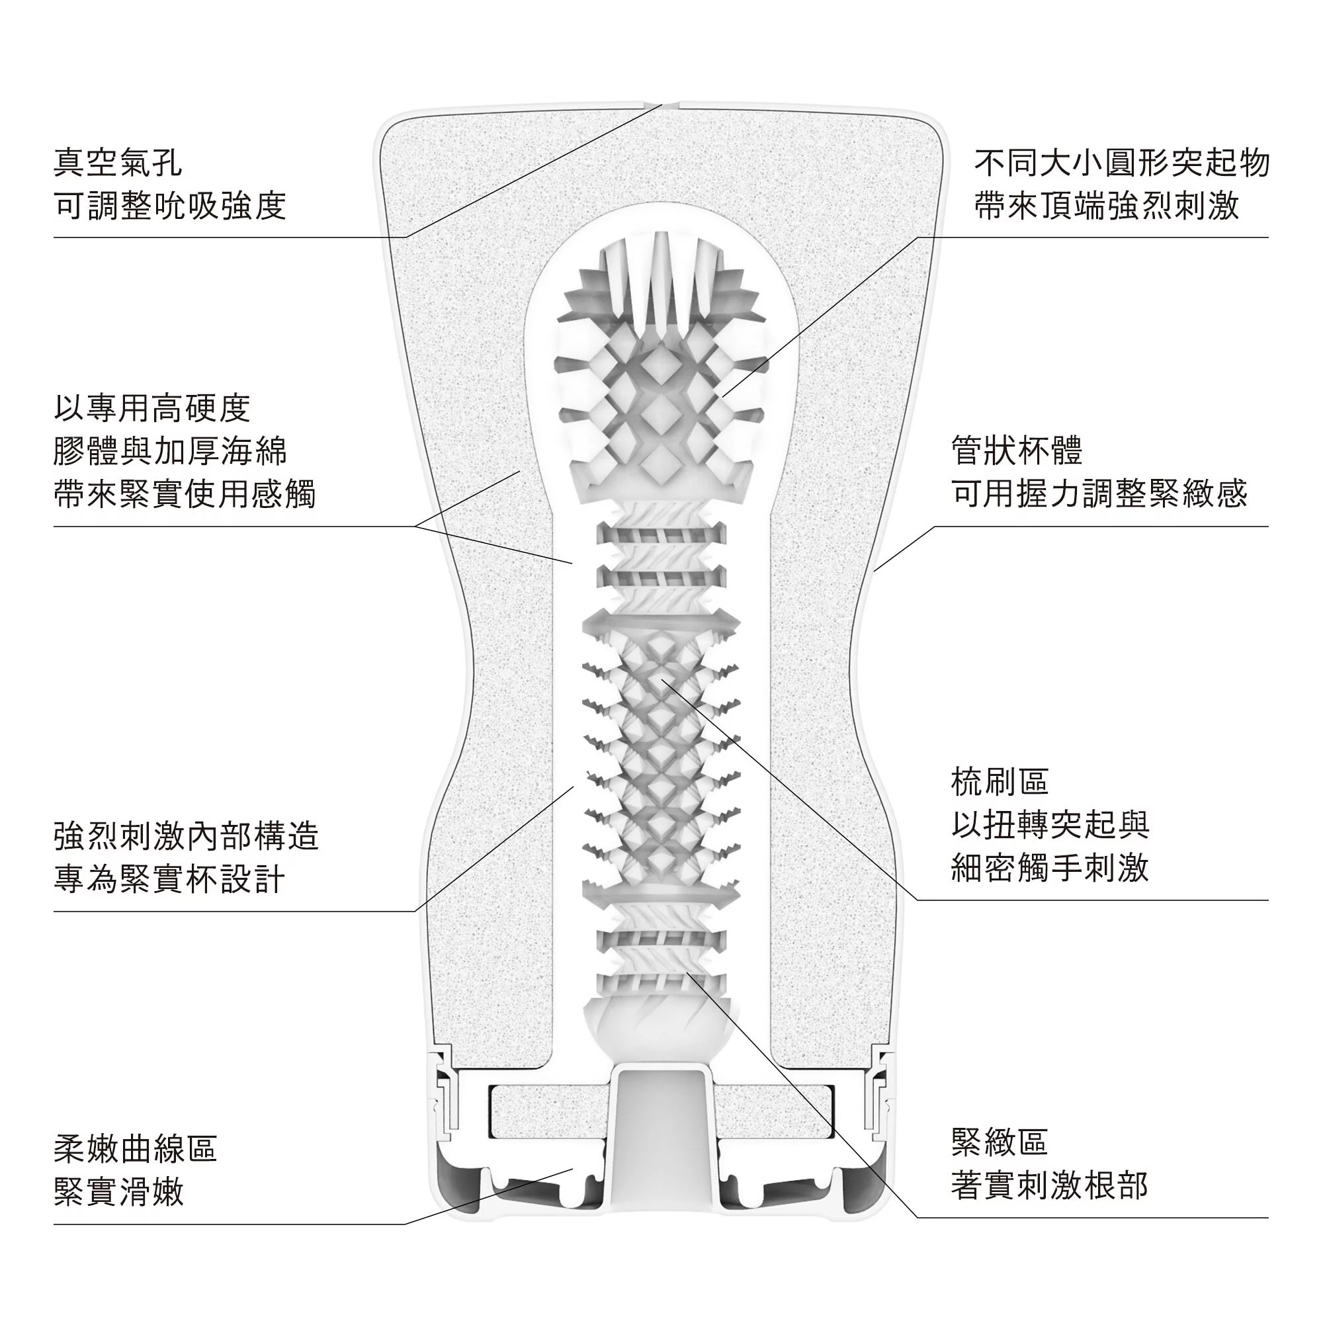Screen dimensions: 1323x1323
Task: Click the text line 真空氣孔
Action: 118,163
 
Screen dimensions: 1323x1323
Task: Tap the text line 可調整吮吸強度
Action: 170,206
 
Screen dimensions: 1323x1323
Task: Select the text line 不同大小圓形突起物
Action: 1122,163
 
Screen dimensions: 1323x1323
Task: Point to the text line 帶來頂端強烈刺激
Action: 1107,206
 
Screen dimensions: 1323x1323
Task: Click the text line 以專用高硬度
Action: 152,408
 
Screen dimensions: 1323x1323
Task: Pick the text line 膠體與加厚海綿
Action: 170,450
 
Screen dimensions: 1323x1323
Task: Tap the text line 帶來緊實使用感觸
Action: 185,493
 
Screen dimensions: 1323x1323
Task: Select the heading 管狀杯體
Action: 1017,450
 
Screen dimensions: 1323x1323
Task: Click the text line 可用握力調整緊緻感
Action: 1099,493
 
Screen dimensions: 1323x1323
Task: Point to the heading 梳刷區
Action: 1000,781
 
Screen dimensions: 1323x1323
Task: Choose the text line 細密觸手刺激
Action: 1050,868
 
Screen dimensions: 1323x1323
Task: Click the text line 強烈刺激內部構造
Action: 187,836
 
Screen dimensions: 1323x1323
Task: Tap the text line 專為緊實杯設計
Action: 169,879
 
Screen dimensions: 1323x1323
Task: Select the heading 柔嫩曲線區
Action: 136,1148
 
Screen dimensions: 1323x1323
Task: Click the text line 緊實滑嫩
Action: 119,1191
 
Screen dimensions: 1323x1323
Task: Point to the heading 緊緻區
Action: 1000,1141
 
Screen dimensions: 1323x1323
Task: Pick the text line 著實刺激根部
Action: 1049,1185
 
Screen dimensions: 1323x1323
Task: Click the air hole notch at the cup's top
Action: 661,105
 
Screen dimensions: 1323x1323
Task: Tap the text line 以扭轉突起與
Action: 1050,824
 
